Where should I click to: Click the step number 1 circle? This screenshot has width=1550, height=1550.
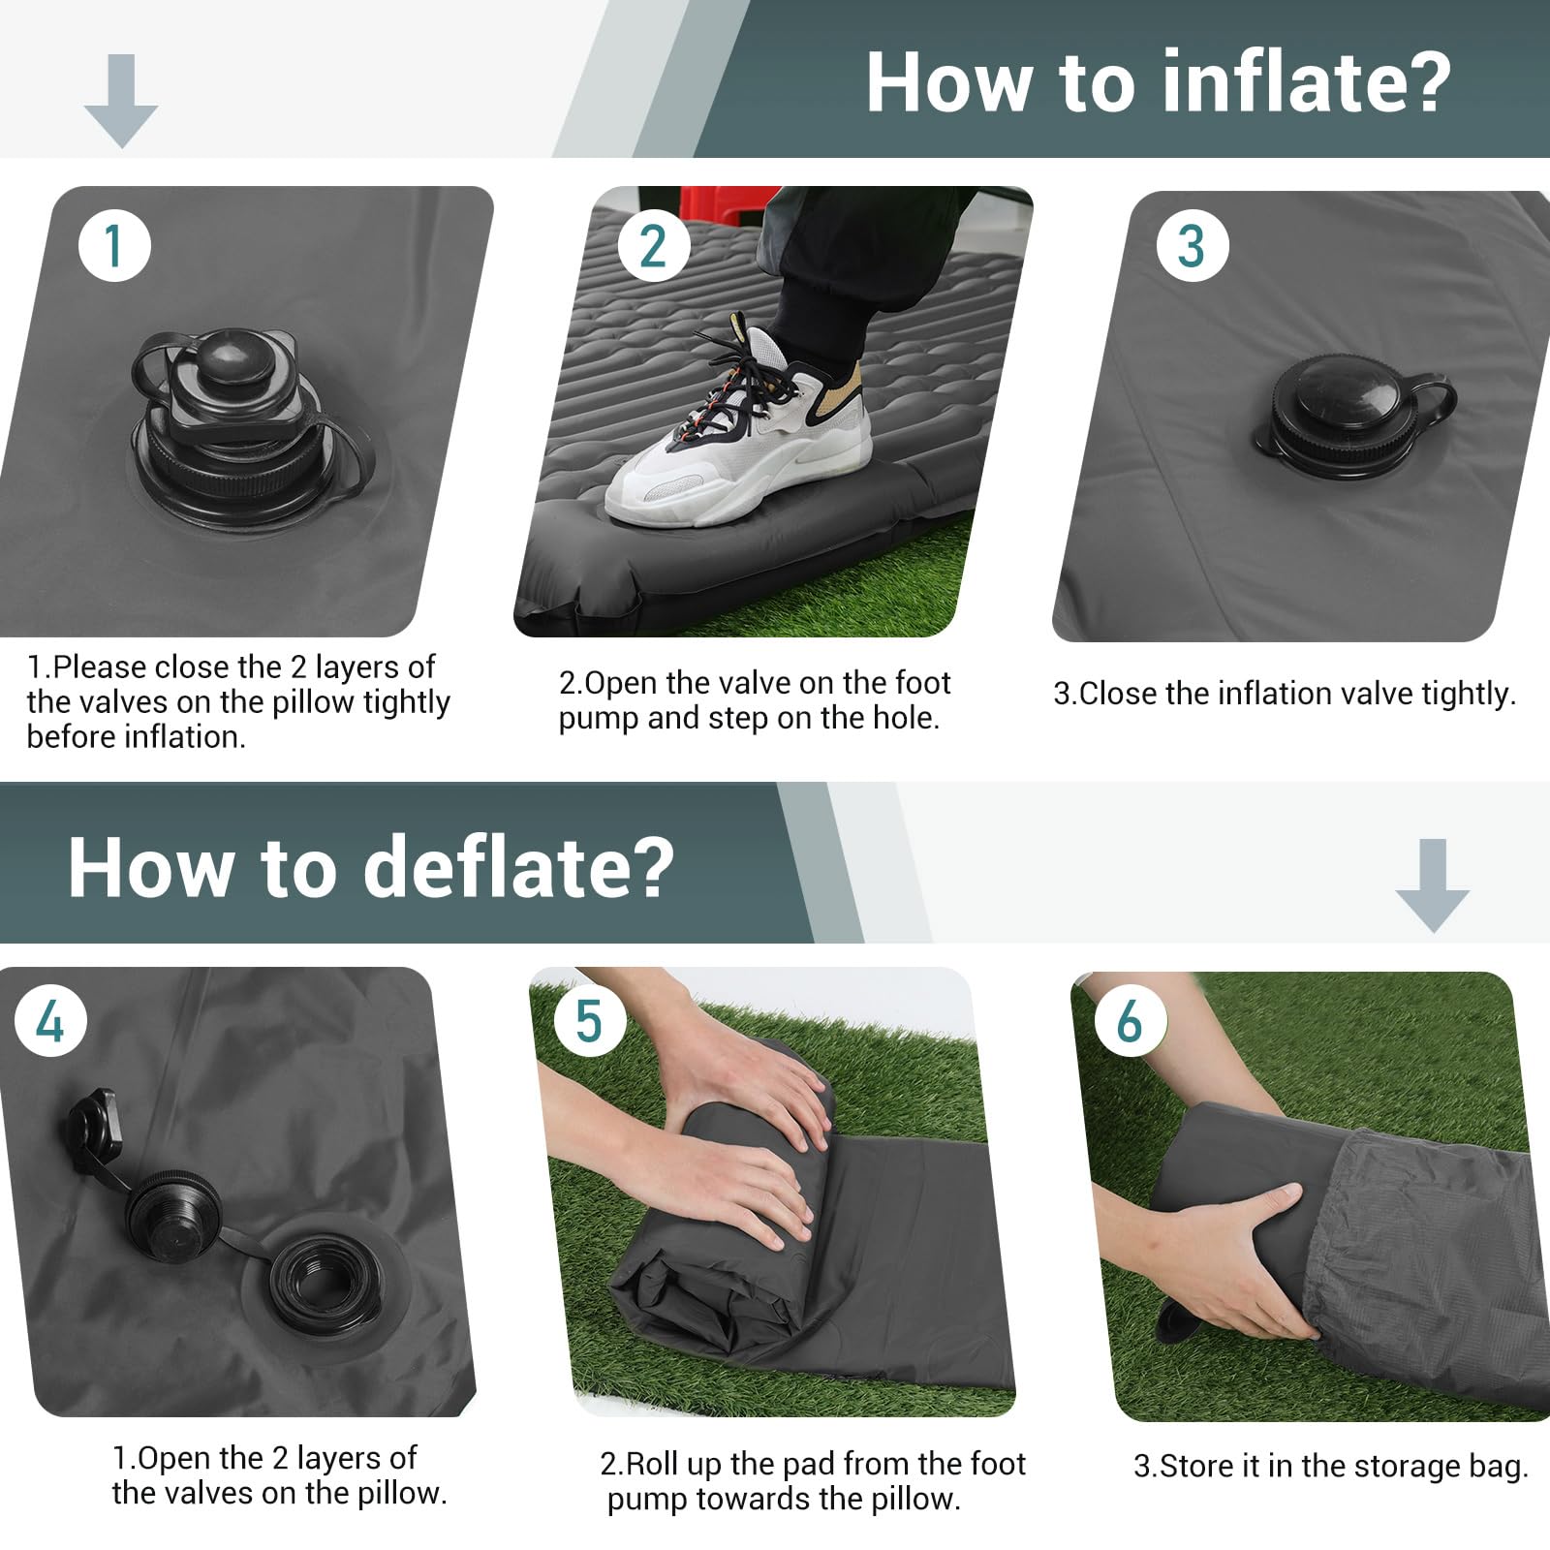pyautogui.click(x=114, y=245)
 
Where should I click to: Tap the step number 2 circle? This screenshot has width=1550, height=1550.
pyautogui.click(x=653, y=246)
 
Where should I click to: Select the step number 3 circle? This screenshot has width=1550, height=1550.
pyautogui.click(x=1193, y=246)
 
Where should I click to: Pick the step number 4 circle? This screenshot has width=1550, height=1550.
pyautogui.click(x=50, y=1022)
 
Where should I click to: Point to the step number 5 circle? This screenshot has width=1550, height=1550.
pyautogui.click(x=589, y=1022)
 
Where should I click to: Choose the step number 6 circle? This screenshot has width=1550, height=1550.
pyautogui.click(x=1130, y=1022)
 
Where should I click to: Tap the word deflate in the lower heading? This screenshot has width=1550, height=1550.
pyautogui.click(x=517, y=866)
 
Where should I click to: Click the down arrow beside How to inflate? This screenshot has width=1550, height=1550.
pyautogui.click(x=121, y=101)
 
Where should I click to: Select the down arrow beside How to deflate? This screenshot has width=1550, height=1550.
pyautogui.click(x=1432, y=885)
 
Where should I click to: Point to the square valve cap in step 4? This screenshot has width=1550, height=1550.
pyautogui.click(x=94, y=1125)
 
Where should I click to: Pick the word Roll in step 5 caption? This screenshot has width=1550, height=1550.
pyautogui.click(x=648, y=1463)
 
